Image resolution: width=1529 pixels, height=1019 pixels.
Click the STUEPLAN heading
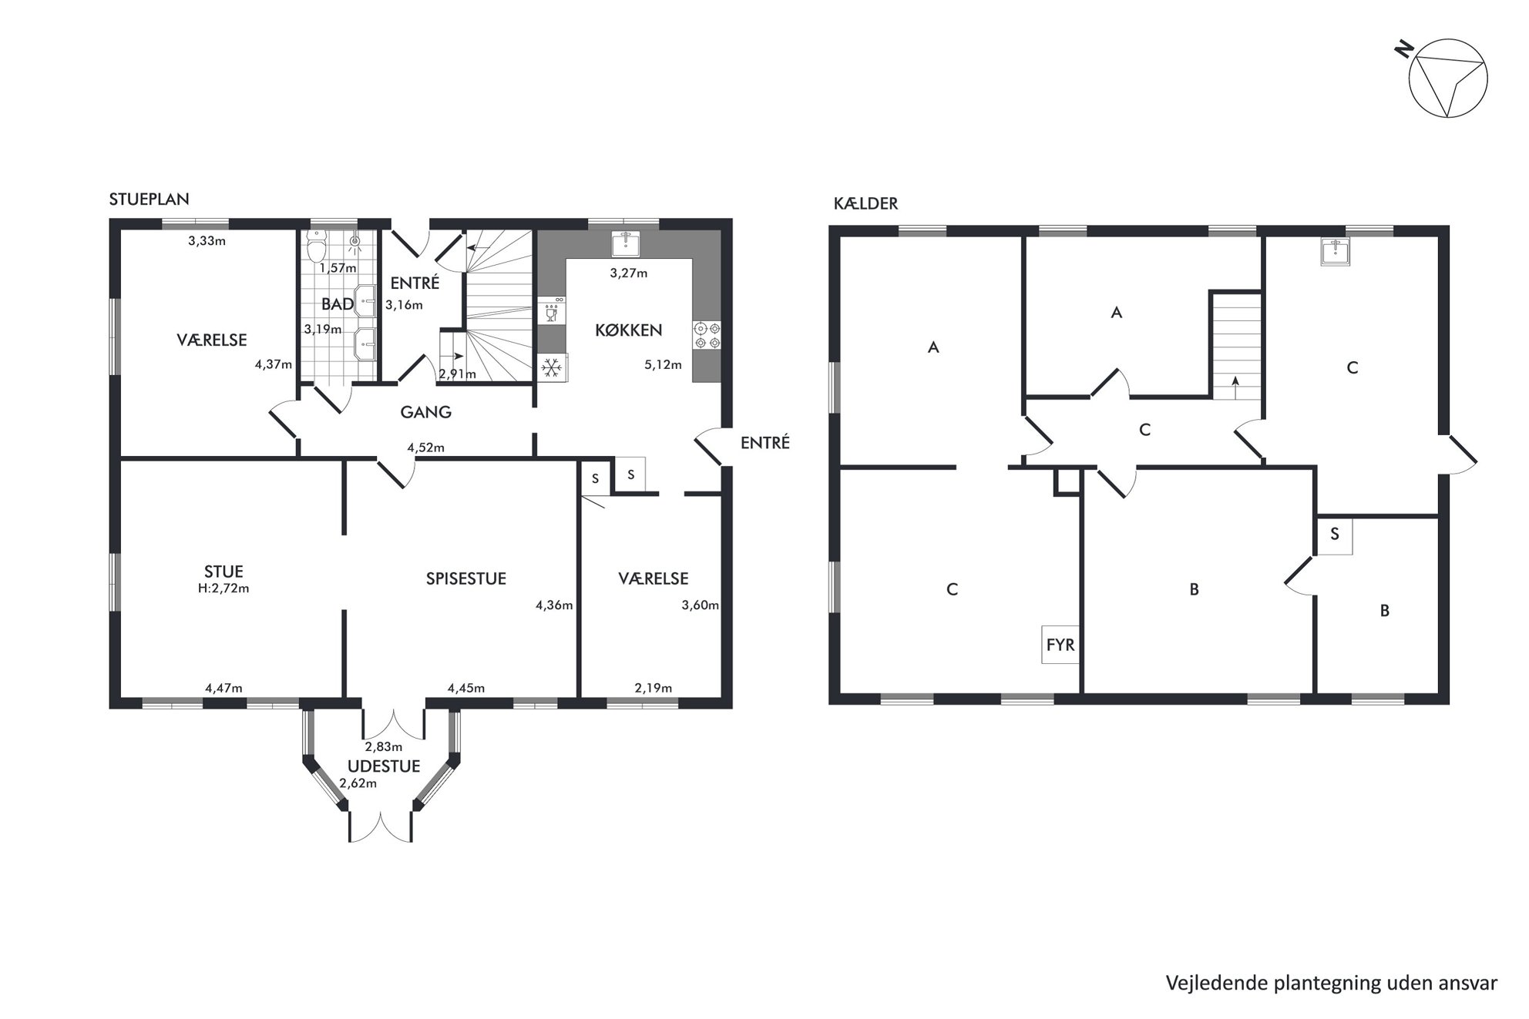(x=149, y=199)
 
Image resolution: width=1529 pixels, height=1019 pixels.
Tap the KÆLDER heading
(x=865, y=203)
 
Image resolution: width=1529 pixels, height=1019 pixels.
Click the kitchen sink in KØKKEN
(x=626, y=243)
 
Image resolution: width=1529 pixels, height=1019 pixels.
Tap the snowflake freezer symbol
(x=551, y=367)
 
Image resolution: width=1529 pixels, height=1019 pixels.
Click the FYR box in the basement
(x=1060, y=644)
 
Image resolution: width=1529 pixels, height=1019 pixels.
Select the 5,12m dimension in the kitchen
(x=663, y=365)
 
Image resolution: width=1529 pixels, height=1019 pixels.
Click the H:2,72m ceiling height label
(x=223, y=588)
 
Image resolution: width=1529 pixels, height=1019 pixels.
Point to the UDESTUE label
(x=384, y=766)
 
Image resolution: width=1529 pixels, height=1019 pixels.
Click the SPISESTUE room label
(x=466, y=578)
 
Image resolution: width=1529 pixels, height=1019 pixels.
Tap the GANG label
(x=425, y=412)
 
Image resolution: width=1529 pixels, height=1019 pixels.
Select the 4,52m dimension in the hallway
(x=425, y=447)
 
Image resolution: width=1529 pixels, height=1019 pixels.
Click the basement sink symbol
(x=1335, y=252)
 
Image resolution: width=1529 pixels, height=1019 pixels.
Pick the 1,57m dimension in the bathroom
(x=338, y=268)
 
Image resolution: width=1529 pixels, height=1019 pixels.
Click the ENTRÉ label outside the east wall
(x=764, y=443)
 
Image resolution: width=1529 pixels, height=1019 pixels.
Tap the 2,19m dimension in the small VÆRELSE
(x=654, y=688)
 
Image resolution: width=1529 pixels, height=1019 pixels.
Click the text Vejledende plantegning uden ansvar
(x=1331, y=983)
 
